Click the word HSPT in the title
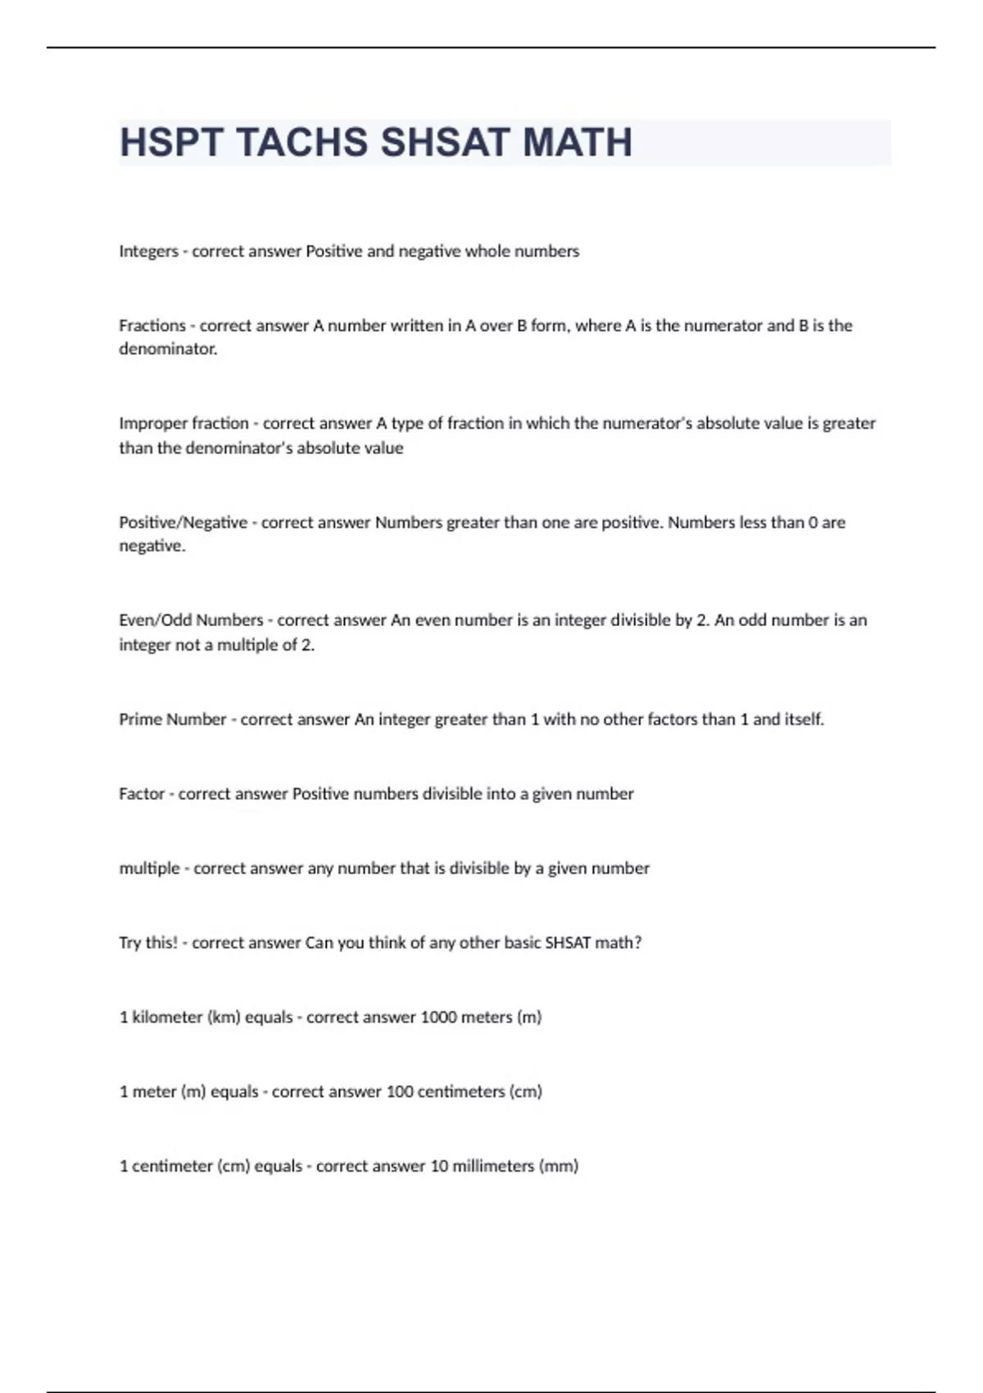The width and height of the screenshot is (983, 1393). (x=170, y=143)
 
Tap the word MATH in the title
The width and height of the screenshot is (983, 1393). (x=578, y=143)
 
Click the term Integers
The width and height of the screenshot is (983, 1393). (x=148, y=252)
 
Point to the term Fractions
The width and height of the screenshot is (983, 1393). (x=152, y=325)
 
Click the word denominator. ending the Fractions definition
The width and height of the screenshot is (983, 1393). (x=168, y=349)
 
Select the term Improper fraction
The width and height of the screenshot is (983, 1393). (x=183, y=424)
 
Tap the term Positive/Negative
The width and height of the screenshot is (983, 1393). (x=183, y=523)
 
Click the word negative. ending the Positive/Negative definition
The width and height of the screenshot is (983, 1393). (x=152, y=547)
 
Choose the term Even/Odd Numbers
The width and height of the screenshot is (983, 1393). (x=191, y=620)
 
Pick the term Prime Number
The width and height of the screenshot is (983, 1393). (x=172, y=719)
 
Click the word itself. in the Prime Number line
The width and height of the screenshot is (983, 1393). (x=804, y=719)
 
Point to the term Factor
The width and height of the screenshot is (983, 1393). (x=142, y=794)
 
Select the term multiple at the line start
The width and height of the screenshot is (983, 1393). (x=149, y=869)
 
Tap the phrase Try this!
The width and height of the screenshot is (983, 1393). (x=148, y=943)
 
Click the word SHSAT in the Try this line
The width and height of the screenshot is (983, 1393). (x=568, y=943)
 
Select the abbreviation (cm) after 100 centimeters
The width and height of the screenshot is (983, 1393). (x=525, y=1092)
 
